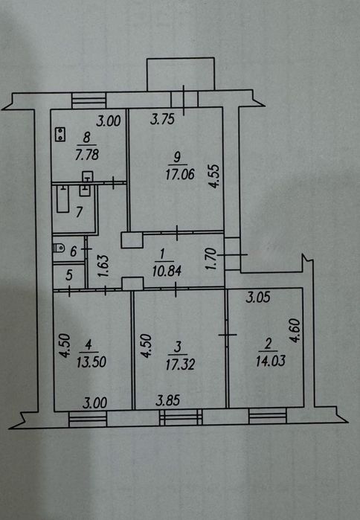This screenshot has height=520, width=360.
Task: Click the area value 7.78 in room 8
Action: (x=87, y=155)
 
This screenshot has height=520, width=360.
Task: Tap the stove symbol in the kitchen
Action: (x=60, y=135)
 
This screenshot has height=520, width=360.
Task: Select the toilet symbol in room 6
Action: (x=59, y=248)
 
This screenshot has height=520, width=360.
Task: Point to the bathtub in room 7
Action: (x=62, y=199)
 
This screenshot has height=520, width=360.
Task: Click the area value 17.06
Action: (x=180, y=174)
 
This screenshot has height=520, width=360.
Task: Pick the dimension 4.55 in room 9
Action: (x=215, y=176)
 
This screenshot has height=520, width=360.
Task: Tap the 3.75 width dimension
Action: (x=162, y=119)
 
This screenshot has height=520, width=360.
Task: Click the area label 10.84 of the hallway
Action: (x=167, y=271)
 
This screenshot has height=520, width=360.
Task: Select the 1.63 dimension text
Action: (x=103, y=266)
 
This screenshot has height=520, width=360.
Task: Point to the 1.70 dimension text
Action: (x=211, y=259)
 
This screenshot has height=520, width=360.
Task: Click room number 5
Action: (x=69, y=275)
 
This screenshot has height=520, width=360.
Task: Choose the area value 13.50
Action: (x=91, y=362)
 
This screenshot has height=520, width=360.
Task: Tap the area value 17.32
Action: (x=180, y=364)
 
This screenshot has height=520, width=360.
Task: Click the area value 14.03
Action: (x=271, y=361)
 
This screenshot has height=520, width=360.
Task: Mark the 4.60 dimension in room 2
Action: (x=295, y=330)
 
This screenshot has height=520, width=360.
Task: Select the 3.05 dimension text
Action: (x=258, y=297)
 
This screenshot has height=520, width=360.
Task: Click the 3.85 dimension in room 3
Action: (x=168, y=401)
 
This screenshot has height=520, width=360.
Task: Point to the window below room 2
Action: (x=268, y=416)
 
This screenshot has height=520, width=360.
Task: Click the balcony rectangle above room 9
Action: (x=181, y=74)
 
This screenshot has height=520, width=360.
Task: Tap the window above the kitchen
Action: (x=89, y=100)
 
